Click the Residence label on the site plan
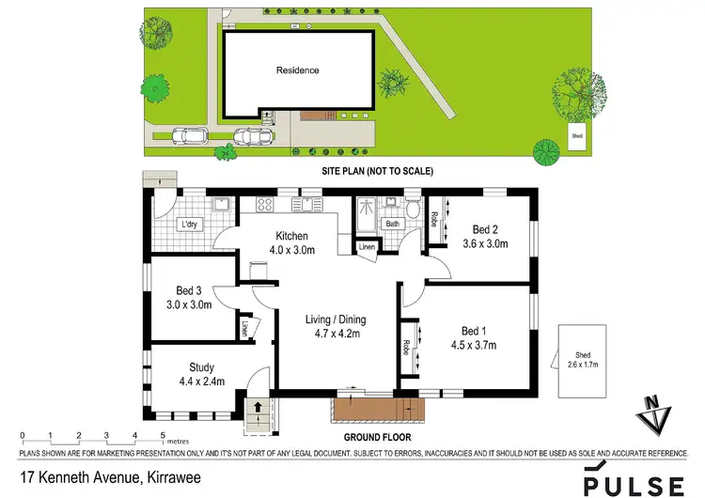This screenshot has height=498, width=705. [297, 70]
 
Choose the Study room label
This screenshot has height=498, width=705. [201, 367]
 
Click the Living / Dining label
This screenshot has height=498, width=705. [336, 320]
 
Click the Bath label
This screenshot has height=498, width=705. [392, 224]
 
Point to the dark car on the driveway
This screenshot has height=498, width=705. [253, 137]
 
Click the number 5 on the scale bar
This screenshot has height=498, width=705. [164, 435]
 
